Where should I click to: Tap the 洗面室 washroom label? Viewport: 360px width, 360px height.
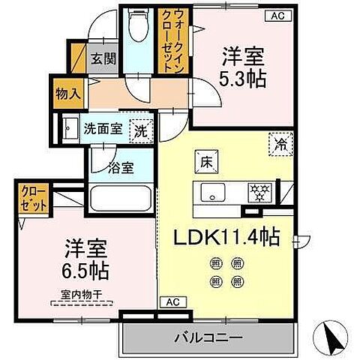[x=102, y=128]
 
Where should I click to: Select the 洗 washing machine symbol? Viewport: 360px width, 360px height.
[x=141, y=130]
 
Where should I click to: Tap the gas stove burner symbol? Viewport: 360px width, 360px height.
[x=259, y=193]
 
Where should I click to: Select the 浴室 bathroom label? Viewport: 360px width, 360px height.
[x=121, y=167]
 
